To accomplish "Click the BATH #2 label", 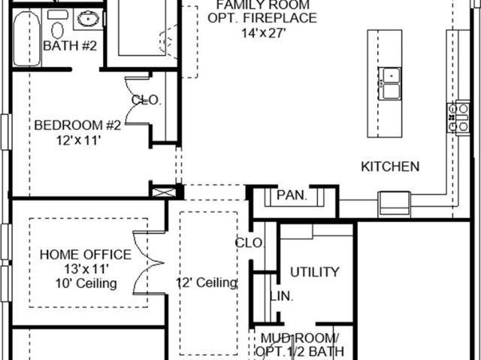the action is point(70,46).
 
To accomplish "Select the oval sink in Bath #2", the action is point(89,20).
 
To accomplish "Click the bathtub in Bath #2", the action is point(27,38).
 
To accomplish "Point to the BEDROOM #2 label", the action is point(77,125).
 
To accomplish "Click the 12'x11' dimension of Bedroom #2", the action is point(78,141).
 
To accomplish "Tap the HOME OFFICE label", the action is point(86,255).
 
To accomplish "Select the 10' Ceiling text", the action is point(86,283).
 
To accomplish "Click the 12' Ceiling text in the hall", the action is point(207,283).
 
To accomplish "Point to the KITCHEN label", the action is point(390,167).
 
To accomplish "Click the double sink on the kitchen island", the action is point(389,83).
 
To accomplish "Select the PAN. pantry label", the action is point(292,195).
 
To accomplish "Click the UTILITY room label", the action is point(315,272).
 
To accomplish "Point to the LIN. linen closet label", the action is point(282,296).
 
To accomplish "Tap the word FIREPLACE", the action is point(280,18).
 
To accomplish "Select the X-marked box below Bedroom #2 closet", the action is point(164,192).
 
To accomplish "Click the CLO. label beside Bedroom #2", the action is point(146,100).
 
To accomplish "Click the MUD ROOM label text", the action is point(299,338).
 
